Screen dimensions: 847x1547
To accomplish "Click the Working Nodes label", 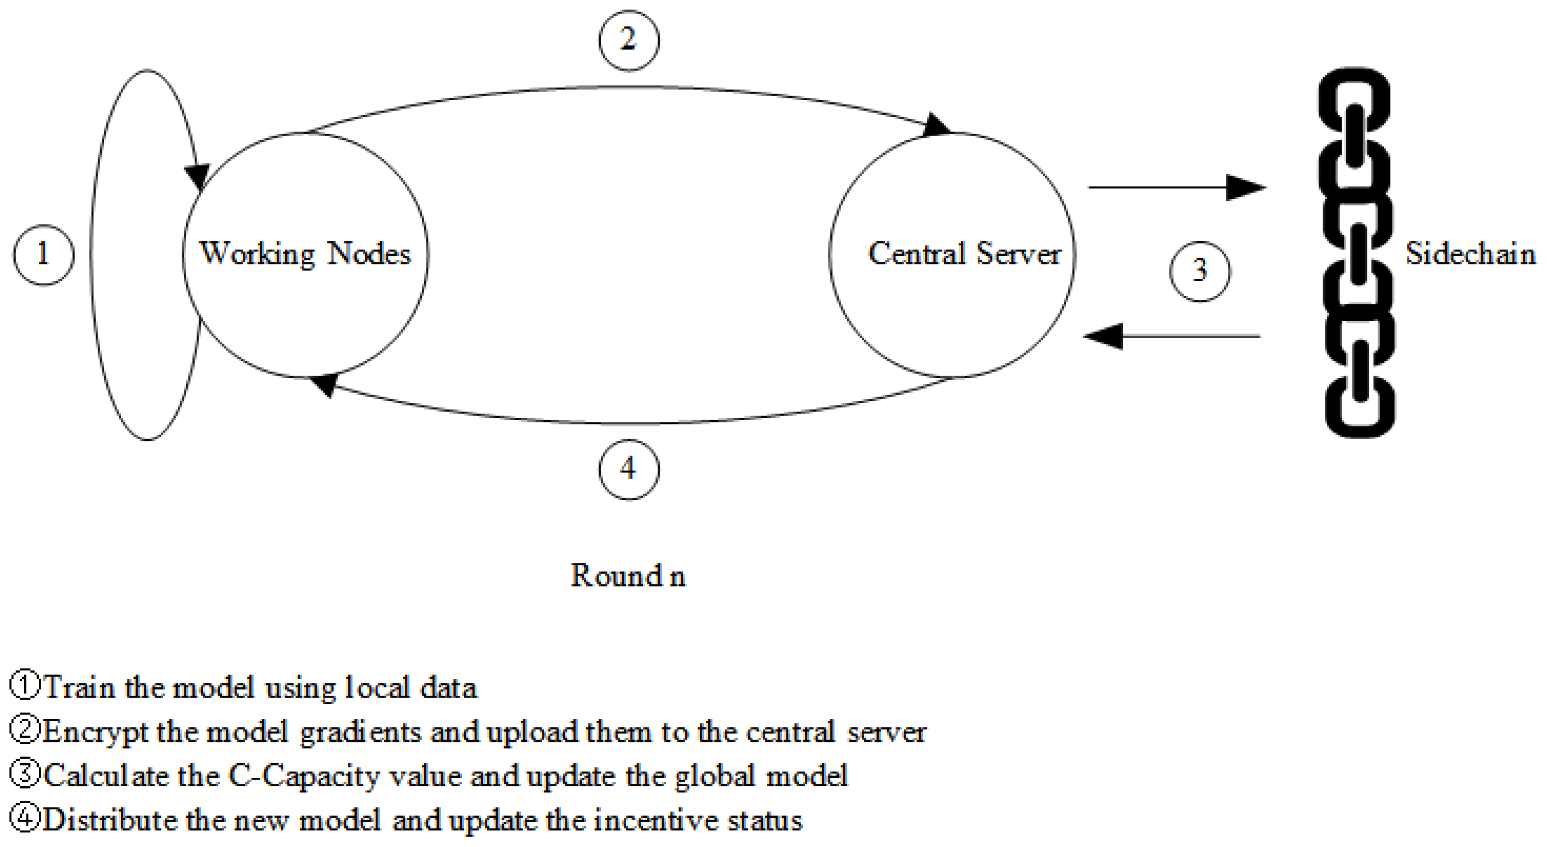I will [305, 254].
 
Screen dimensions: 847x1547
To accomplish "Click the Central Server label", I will [964, 254].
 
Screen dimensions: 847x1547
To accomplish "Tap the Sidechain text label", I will [1469, 254].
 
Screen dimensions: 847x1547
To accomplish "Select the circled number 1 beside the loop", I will [43, 255].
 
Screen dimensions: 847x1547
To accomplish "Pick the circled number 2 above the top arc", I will [628, 40].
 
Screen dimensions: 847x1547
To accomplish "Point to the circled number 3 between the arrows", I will [1199, 271].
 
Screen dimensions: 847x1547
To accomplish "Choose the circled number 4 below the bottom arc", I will [628, 469].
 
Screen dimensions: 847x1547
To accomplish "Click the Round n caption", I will [628, 576].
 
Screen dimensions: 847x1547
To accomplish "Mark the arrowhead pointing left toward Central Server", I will [1104, 336].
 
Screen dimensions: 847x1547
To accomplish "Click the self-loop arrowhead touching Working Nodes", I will [196, 175].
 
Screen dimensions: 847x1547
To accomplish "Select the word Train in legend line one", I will [79, 687].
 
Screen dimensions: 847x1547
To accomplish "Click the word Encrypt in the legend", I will [95, 732].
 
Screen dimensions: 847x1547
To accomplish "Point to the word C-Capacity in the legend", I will [304, 776].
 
